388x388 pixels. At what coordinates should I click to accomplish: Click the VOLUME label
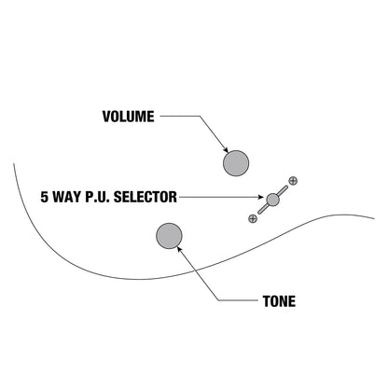click(x=128, y=117)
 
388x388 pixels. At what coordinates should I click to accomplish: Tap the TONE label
click(x=279, y=301)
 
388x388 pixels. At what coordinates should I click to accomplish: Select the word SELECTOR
click(x=145, y=197)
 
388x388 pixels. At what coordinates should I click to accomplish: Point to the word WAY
click(x=63, y=197)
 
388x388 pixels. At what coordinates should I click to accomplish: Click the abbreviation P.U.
click(x=94, y=197)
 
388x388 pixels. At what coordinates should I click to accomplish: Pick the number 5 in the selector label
click(x=45, y=197)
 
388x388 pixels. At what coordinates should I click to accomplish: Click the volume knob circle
click(x=236, y=163)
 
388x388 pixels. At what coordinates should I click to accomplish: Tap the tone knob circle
click(x=169, y=236)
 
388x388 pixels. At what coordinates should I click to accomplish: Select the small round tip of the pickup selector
click(x=272, y=200)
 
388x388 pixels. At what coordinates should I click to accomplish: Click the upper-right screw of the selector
click(x=293, y=181)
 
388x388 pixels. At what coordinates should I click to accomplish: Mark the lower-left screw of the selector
click(x=253, y=218)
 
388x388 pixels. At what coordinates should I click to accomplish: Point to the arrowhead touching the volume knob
click(x=226, y=149)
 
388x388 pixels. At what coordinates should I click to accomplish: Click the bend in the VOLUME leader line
click(x=200, y=117)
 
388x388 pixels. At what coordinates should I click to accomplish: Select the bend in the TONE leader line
click(x=218, y=300)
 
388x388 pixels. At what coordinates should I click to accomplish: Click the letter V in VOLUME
click(x=106, y=117)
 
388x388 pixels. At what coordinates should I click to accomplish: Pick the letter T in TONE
click(x=267, y=301)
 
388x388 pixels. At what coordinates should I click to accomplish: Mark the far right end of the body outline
click(x=374, y=218)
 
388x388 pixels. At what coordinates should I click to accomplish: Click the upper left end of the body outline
click(x=14, y=164)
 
